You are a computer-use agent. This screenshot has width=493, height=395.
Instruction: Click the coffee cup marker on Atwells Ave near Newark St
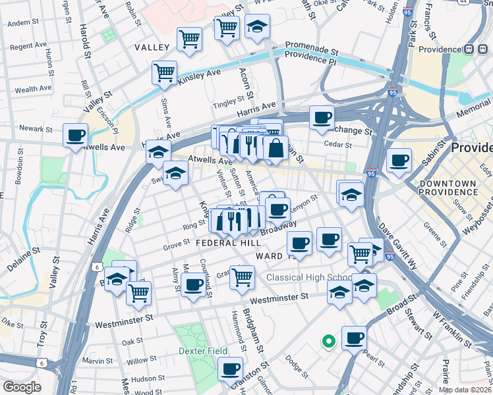click(x=75, y=136)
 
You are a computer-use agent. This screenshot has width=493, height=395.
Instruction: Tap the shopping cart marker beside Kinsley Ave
click(x=164, y=73)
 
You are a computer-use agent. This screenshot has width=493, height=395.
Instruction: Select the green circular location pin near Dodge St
click(x=328, y=341)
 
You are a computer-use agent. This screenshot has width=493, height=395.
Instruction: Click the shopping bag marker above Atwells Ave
click(x=275, y=147)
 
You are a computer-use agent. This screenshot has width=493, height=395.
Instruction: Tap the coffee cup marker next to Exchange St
click(x=322, y=118)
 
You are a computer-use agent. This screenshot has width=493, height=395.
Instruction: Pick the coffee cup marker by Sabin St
click(x=399, y=161)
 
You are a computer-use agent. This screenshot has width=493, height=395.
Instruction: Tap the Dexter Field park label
click(x=203, y=351)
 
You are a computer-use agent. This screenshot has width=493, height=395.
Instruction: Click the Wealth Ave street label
click(x=33, y=89)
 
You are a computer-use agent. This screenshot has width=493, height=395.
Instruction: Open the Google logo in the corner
click(x=22, y=386)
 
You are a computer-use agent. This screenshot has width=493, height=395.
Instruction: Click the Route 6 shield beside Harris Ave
click(x=97, y=266)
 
